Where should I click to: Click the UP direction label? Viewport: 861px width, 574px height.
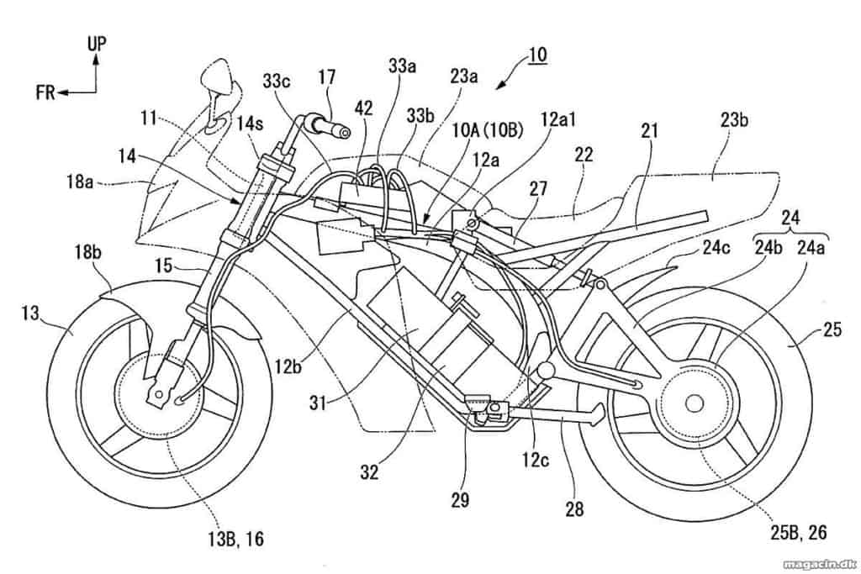[97, 44]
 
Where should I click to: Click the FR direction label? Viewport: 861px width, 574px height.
[45, 92]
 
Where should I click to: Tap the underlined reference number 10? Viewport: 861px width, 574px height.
[537, 55]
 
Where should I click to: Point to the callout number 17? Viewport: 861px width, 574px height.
[327, 76]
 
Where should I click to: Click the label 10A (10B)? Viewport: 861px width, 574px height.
[488, 130]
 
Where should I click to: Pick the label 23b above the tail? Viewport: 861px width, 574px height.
[734, 119]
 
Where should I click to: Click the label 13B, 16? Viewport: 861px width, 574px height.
[235, 539]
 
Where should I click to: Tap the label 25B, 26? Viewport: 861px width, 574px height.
[799, 532]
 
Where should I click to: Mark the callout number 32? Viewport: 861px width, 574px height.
[370, 472]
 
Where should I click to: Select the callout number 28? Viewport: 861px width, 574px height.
[574, 509]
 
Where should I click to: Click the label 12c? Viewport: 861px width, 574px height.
[536, 460]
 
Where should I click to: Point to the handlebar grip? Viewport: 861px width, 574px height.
[330, 126]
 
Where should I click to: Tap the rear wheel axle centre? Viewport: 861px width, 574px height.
[694, 403]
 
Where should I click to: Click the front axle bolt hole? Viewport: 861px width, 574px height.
[159, 394]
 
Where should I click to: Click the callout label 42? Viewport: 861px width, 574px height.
[363, 108]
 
